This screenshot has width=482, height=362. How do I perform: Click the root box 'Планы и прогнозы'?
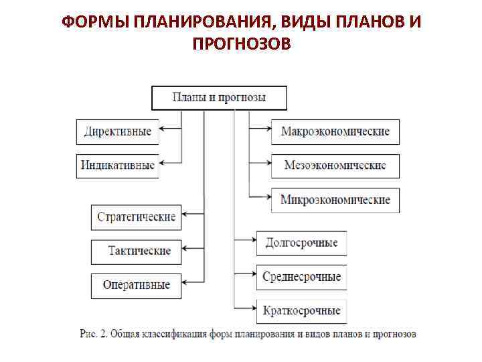(219, 98)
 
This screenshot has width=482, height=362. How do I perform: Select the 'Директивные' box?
(118, 131)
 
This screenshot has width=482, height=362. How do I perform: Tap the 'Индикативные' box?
(118, 165)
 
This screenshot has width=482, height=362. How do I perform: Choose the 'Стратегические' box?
(137, 217)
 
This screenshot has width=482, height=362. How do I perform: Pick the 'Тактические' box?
(137, 251)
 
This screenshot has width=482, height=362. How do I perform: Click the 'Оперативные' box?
(137, 285)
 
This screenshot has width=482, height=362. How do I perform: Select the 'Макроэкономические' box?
(335, 131)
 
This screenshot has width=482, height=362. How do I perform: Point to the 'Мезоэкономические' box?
(335, 165)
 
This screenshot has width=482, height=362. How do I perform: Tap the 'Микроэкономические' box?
(335, 200)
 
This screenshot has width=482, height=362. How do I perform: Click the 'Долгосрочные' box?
(301, 243)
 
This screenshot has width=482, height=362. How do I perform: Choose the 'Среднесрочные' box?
(301, 276)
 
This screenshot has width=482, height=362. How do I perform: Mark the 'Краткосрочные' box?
(301, 310)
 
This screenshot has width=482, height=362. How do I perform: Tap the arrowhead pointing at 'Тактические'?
(187, 249)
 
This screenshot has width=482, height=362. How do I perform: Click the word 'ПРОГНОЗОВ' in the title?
(241, 44)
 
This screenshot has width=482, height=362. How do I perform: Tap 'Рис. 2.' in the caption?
(93, 333)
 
